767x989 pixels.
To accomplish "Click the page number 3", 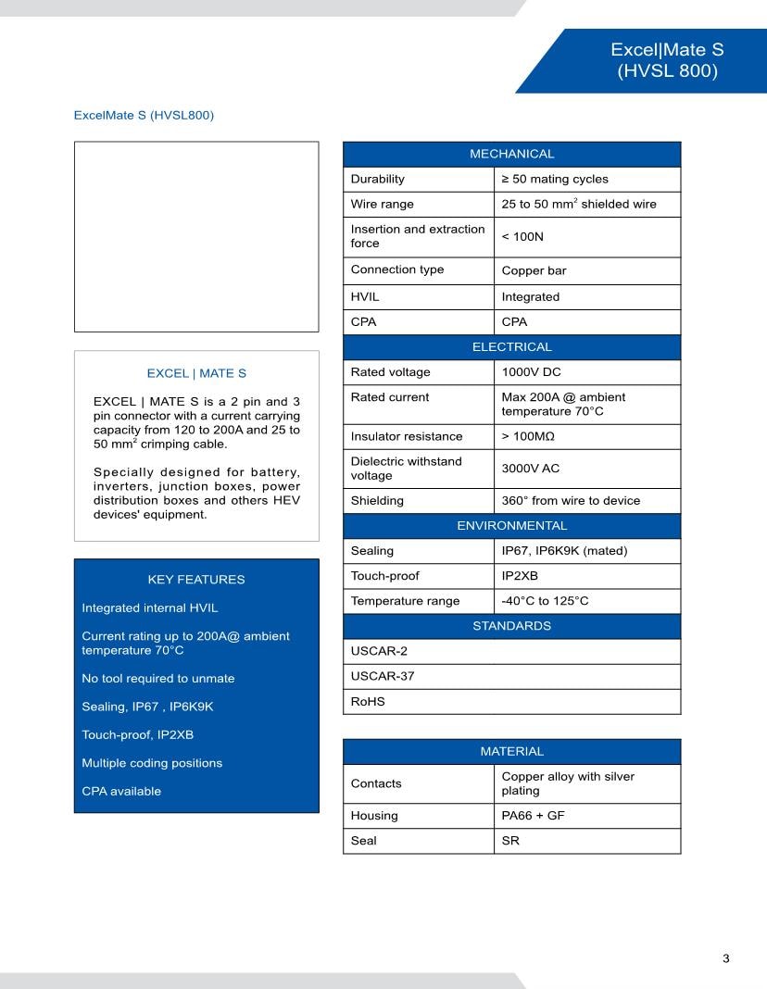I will [726, 958].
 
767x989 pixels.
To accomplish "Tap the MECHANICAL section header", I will [511, 154].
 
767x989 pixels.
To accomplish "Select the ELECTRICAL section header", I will [511, 347].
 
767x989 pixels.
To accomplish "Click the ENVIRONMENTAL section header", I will [511, 526].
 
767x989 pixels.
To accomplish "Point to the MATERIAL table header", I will [511, 751].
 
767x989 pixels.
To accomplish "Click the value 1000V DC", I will [531, 372].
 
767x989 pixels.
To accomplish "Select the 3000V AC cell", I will [530, 469].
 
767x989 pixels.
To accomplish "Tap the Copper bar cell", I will [534, 271].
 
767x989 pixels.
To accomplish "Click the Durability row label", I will [377, 179].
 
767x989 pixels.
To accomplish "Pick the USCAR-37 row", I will [383, 676].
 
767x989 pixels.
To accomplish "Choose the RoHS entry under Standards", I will [368, 702].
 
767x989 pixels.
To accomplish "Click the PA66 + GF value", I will [533, 816].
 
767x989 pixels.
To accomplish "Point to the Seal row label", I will [363, 841].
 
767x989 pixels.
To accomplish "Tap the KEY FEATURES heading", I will [196, 580].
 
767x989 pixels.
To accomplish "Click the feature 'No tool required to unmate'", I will [158, 679].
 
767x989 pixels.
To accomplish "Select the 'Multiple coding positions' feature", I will [152, 763].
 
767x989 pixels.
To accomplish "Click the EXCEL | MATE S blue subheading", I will [196, 373].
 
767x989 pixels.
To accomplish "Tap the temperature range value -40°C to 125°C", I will [545, 601].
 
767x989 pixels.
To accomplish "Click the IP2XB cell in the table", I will [519, 576].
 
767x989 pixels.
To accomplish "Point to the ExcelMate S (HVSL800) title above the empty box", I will [144, 116].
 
